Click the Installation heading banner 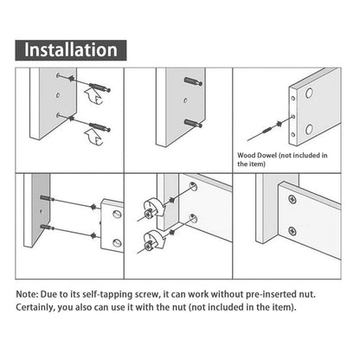pyautogui.click(x=71, y=49)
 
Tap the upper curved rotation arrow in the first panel pyautogui.click(x=87, y=100)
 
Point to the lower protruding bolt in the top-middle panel pyautogui.click(x=190, y=122)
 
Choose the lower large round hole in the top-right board pyautogui.click(x=306, y=132)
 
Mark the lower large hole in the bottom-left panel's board pyautogui.click(x=115, y=243)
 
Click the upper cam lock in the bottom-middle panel pyautogui.click(x=151, y=208)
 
